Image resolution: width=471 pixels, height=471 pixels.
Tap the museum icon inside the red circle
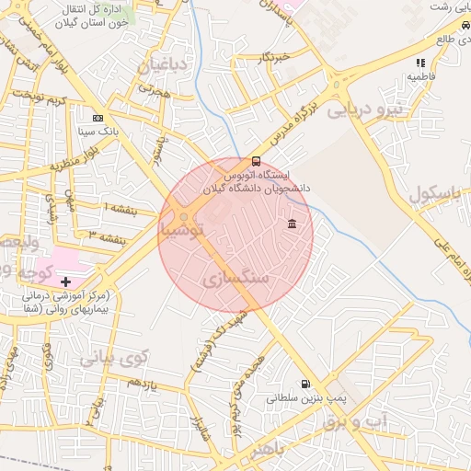tap(292, 224)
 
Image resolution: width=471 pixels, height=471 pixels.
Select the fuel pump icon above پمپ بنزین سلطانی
tap(304, 385)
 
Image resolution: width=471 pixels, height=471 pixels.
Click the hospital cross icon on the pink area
tap(65, 280)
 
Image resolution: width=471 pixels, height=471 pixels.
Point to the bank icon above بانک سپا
tap(98, 118)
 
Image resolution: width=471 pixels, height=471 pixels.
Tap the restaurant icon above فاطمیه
tap(420, 63)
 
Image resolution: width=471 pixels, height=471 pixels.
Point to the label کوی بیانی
tap(113, 355)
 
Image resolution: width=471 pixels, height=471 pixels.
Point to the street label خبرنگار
tap(274, 57)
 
